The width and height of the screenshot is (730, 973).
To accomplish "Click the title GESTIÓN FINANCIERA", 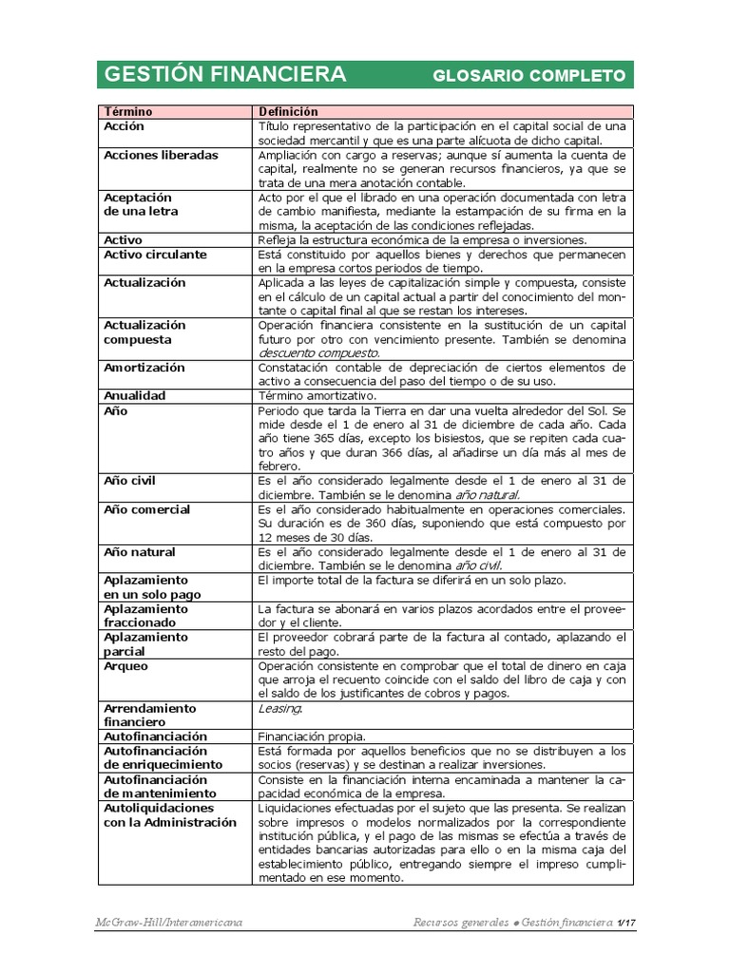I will click(x=224, y=75).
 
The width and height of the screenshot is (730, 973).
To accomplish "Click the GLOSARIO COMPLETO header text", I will click(x=528, y=76).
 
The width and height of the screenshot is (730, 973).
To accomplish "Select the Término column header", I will click(x=128, y=112).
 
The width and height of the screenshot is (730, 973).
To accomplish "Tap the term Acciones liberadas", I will click(x=161, y=155).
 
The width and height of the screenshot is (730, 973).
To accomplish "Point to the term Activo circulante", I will click(x=155, y=255).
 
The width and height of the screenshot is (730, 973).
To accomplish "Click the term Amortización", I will click(x=144, y=368).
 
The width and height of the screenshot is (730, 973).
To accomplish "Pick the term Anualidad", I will click(x=134, y=395).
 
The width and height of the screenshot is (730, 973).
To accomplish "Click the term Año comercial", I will click(x=146, y=509).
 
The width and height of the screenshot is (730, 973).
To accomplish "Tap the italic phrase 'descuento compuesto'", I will click(x=317, y=353).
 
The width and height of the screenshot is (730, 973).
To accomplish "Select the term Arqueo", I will click(x=125, y=666).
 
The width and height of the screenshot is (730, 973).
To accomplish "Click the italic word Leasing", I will click(x=279, y=709).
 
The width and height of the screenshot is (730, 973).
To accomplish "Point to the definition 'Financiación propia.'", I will click(x=312, y=736).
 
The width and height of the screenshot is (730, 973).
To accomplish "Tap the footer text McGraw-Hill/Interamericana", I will click(x=168, y=923).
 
